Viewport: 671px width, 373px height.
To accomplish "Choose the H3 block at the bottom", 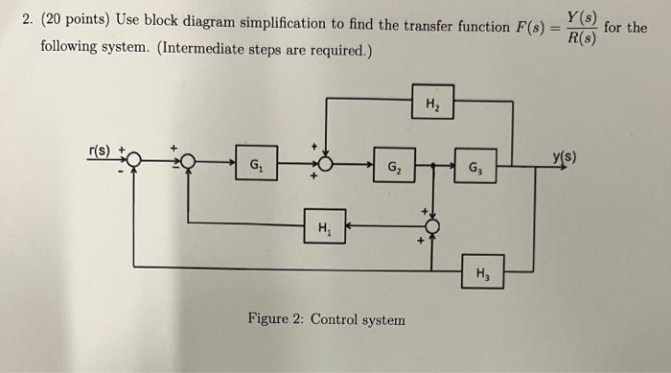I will coord(481,271).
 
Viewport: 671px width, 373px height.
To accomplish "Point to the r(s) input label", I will coord(100,151).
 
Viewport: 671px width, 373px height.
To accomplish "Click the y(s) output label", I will coord(566,156).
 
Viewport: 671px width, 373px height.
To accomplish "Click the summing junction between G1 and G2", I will coord(328,164).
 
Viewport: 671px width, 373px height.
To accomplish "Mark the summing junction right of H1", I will coord(431,226).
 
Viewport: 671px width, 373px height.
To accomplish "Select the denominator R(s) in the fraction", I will coord(581,37).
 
